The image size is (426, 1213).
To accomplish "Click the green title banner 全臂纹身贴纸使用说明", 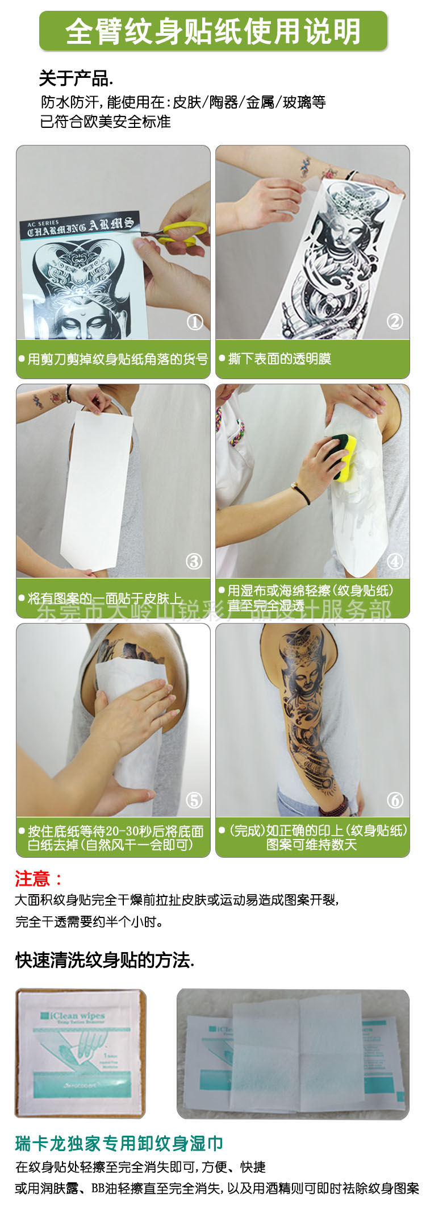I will (x=213, y=31).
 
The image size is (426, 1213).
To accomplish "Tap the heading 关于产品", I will (x=76, y=78).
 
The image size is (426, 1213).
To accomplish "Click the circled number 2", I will (x=395, y=322).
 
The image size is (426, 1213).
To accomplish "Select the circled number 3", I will (x=194, y=562).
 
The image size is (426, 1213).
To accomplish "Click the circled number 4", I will (x=395, y=562).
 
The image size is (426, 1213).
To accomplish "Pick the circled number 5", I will (x=194, y=800).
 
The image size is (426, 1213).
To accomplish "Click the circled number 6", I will (x=395, y=800).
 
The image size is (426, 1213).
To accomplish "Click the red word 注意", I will (x=33, y=879).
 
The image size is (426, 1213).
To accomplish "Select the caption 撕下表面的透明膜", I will (x=279, y=359).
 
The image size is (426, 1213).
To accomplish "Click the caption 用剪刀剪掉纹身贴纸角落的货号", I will (x=118, y=359).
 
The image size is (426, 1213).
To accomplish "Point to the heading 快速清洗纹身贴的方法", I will (x=105, y=960).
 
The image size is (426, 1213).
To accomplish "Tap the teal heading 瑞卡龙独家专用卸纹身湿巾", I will (x=119, y=1143).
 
